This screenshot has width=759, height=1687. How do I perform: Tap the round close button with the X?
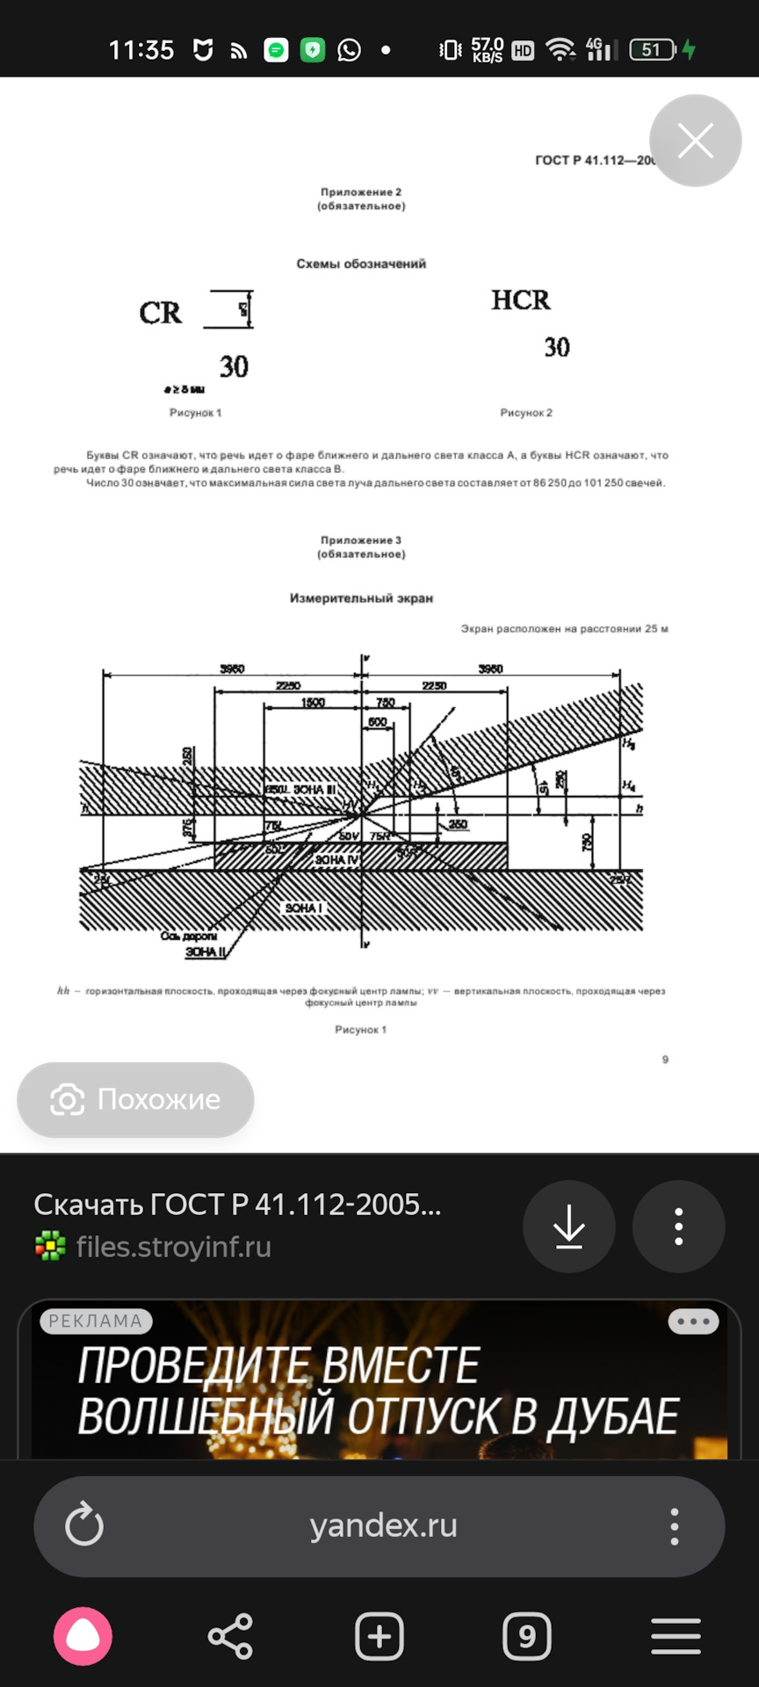[695, 141]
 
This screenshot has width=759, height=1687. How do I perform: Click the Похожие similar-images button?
[136, 1099]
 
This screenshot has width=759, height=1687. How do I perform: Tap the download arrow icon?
[569, 1226]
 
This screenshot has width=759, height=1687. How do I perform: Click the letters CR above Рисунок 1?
[160, 313]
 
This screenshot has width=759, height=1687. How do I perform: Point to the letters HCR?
[521, 300]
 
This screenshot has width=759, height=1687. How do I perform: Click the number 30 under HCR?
[557, 347]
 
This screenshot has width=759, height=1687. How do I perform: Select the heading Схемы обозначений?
[361, 264]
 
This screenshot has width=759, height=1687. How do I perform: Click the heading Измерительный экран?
[361, 598]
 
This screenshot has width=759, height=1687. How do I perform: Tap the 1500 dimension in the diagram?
[313, 702]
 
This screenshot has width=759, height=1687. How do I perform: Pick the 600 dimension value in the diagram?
[377, 721]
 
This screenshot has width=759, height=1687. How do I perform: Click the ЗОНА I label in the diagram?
[304, 908]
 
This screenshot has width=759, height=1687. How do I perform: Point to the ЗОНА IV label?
[337, 859]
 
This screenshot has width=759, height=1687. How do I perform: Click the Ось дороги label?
[188, 936]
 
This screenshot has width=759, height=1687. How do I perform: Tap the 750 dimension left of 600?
[386, 702]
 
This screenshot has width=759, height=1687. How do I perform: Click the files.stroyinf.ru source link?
[173, 1247]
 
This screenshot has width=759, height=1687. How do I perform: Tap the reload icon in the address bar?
[84, 1525]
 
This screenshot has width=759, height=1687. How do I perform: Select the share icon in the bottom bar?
[230, 1636]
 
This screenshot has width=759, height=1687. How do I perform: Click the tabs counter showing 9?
[527, 1636]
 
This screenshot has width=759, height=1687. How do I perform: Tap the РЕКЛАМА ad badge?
[96, 1321]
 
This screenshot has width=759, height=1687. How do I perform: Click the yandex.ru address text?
[383, 1525]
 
